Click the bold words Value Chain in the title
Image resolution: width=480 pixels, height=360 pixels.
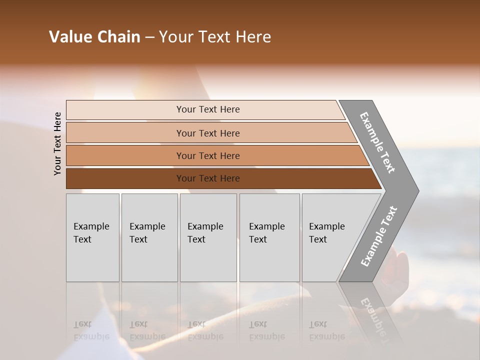click(94, 37)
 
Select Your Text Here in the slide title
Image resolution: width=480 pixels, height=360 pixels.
click(215, 37)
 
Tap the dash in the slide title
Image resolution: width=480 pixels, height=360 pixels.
click(149, 37)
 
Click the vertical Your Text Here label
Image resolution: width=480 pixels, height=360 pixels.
click(57, 143)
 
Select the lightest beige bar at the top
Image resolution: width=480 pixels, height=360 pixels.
click(207, 109)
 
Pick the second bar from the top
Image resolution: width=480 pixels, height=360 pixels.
click(207, 133)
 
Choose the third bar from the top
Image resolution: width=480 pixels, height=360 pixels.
click(207, 155)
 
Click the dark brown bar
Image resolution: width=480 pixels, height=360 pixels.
click(207, 178)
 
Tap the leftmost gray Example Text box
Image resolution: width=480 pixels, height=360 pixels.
click(92, 237)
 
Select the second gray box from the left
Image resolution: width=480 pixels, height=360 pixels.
click(149, 237)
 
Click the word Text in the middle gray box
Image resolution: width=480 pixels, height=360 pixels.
click(196, 239)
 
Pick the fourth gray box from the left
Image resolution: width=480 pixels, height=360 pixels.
click(269, 237)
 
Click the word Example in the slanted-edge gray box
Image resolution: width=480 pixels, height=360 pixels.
click(326, 226)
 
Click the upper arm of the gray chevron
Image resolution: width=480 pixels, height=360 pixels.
click(377, 142)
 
